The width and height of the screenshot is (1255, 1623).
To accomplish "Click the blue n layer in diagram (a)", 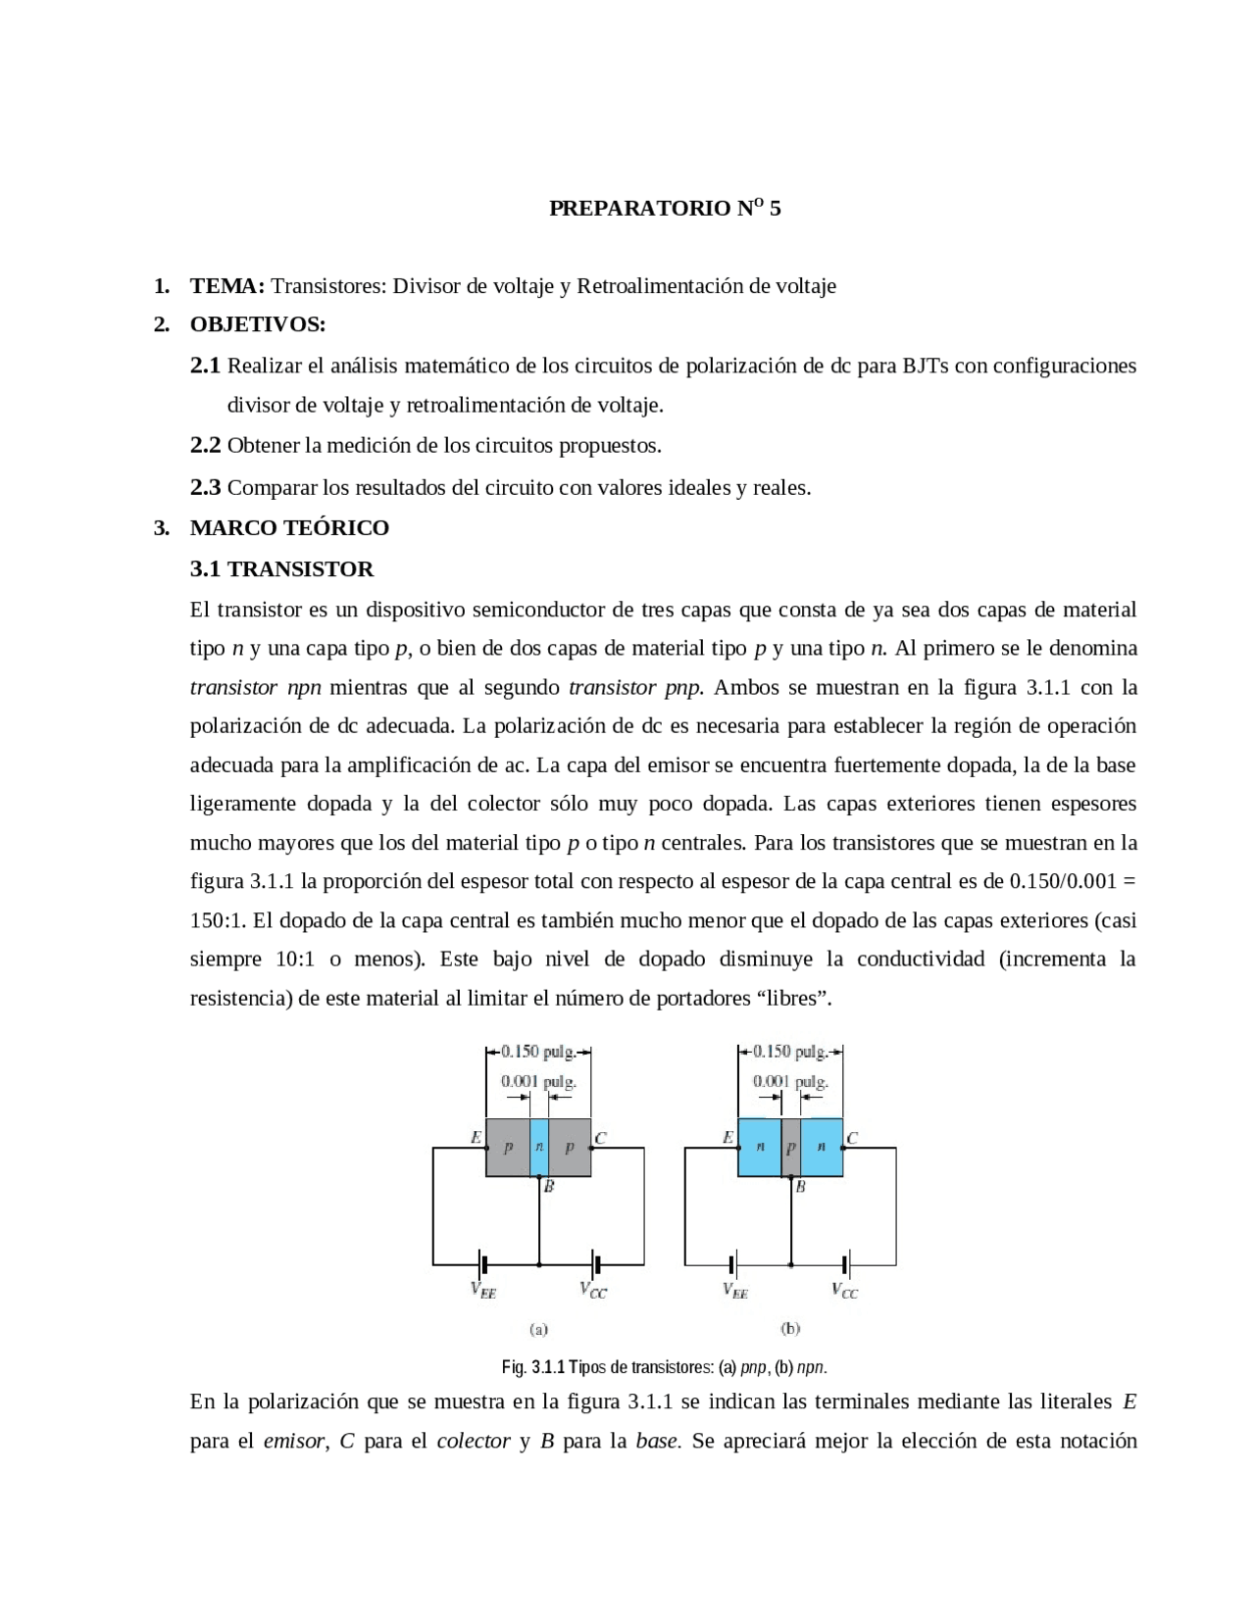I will pos(538,1147).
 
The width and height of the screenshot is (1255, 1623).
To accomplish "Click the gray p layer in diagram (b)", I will pos(790,1147).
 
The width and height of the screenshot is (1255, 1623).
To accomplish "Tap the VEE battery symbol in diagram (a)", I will pos(482,1264).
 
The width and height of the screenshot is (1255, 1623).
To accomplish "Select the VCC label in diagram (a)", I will pos(593,1292).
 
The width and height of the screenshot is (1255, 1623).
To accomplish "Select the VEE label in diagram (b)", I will pos(735,1292).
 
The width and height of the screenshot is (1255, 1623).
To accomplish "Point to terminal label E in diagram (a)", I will pos(476,1138).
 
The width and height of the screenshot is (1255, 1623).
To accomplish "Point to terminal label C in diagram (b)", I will pos(852,1138).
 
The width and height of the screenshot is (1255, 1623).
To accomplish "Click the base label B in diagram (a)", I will pos(549,1187).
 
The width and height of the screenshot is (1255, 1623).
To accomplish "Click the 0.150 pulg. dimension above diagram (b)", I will pos(790,1052).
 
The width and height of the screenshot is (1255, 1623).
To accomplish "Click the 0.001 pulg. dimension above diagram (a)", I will pos(538,1082).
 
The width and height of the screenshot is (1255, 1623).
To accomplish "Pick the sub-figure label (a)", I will pos(538,1330).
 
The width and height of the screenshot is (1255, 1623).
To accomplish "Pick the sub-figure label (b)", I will pos(790,1330).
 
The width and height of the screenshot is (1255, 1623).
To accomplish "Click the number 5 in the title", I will pos(776,209).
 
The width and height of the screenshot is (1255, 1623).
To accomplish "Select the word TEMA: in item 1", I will pos(227,286).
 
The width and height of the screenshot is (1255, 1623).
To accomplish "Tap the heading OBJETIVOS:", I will pos(258,324).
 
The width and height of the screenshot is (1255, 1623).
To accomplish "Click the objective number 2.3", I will pos(205,487).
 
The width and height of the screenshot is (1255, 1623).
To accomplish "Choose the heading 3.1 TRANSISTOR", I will pos(281,569).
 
